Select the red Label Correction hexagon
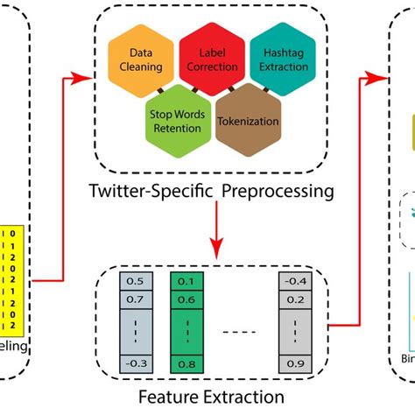point(212,60)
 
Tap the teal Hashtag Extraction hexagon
point(283,60)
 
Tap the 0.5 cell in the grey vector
point(136,283)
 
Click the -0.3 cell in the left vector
point(136,362)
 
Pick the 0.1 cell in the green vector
point(185,283)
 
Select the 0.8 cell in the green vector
point(185,362)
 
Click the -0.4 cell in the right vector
point(295,283)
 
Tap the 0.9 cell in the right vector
point(295,362)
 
